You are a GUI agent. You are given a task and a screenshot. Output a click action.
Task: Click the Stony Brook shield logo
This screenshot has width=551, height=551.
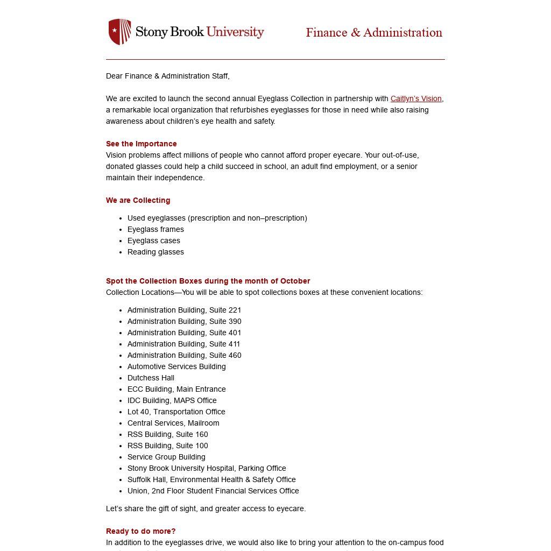click(x=119, y=32)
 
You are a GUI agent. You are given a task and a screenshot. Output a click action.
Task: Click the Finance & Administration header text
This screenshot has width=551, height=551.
click(x=374, y=33)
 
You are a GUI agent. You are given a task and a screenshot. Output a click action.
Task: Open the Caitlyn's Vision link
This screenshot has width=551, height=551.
click(x=416, y=98)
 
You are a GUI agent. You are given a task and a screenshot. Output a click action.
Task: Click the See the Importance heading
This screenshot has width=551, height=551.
click(x=142, y=144)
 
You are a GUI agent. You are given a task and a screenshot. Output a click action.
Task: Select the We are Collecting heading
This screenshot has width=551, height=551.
click(x=138, y=200)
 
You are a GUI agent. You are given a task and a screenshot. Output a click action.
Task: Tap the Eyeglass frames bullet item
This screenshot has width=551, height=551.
click(x=156, y=229)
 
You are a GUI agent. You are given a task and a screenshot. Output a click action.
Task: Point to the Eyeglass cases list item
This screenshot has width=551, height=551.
click(x=154, y=241)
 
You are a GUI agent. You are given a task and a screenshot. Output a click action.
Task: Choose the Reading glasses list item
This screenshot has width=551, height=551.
click(x=156, y=252)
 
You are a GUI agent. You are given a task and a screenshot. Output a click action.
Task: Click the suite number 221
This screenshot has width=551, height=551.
click(x=235, y=310)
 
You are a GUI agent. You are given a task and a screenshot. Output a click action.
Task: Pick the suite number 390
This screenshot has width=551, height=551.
click(x=235, y=321)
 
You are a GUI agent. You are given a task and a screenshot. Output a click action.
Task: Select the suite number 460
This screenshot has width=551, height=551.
click(x=235, y=355)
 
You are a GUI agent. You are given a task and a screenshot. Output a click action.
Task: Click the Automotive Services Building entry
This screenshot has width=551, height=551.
click(x=176, y=366)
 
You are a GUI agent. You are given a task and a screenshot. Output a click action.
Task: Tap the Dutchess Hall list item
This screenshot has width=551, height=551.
click(x=151, y=378)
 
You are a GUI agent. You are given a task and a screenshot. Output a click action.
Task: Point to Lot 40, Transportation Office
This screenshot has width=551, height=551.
click(x=176, y=412)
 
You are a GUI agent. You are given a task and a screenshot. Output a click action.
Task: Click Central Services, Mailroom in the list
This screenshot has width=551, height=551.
click(x=173, y=423)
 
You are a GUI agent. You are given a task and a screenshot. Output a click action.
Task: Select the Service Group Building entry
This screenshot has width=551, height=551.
click(x=166, y=457)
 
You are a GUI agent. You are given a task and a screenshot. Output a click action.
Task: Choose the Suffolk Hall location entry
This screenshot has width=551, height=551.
click(x=211, y=479)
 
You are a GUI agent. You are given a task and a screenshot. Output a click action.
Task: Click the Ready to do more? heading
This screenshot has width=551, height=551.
click(x=141, y=531)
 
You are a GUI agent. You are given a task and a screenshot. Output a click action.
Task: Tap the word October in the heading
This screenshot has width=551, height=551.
click(x=295, y=281)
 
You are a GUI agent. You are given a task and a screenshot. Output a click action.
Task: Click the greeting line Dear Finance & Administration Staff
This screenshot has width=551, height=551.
click(x=168, y=76)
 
